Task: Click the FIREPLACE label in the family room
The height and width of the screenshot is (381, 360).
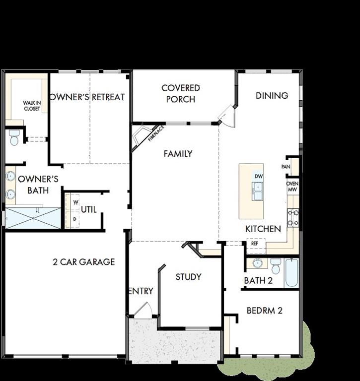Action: (156, 133)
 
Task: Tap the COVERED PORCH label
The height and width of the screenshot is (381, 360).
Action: (181, 94)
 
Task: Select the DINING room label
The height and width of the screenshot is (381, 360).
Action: (272, 95)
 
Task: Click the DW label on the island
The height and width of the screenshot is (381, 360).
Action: (258, 176)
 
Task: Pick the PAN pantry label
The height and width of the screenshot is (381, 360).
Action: (286, 167)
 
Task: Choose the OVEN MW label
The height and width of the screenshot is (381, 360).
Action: (292, 186)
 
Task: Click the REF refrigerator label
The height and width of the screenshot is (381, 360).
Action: (255, 244)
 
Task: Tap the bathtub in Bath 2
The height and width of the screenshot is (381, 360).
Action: (291, 272)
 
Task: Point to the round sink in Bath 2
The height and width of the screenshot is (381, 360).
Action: (258, 263)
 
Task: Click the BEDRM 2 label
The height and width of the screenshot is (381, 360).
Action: (264, 311)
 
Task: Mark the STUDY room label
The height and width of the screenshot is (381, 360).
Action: (188, 277)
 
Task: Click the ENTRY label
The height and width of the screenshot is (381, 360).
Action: (141, 291)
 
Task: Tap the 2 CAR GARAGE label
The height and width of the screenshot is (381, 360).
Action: (83, 261)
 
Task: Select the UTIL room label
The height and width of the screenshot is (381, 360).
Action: (88, 210)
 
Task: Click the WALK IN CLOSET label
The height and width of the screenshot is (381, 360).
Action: (32, 106)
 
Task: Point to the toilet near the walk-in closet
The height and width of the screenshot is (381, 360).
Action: (13, 137)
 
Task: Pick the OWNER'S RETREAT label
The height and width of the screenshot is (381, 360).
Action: (87, 97)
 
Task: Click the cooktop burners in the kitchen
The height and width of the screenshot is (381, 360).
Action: (293, 216)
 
